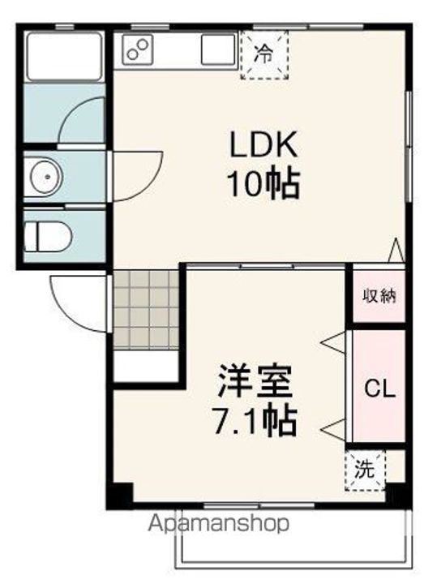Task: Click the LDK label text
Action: pyautogui.click(x=263, y=144)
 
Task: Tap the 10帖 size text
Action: pyautogui.click(x=263, y=183)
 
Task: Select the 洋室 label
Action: pyautogui.click(x=255, y=381)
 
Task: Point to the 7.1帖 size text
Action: pyautogui.click(x=255, y=421)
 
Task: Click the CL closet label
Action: pyautogui.click(x=379, y=389)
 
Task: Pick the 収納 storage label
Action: pyautogui.click(x=379, y=296)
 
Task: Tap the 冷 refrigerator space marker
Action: pyautogui.click(x=264, y=54)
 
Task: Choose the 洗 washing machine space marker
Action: pyautogui.click(x=365, y=470)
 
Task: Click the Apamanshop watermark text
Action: pyautogui.click(x=219, y=524)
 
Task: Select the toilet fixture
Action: pyautogui.click(x=48, y=237)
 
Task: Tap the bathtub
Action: pyautogui.click(x=64, y=57)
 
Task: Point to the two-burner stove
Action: pyautogui.click(x=137, y=49)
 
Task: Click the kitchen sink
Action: pyautogui.click(x=218, y=49)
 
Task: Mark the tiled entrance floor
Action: pyautogui.click(x=146, y=310)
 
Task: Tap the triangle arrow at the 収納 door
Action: pyautogui.click(x=396, y=250)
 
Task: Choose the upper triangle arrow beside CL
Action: pyautogui.click(x=333, y=341)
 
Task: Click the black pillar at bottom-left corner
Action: pyautogui.click(x=120, y=496)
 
